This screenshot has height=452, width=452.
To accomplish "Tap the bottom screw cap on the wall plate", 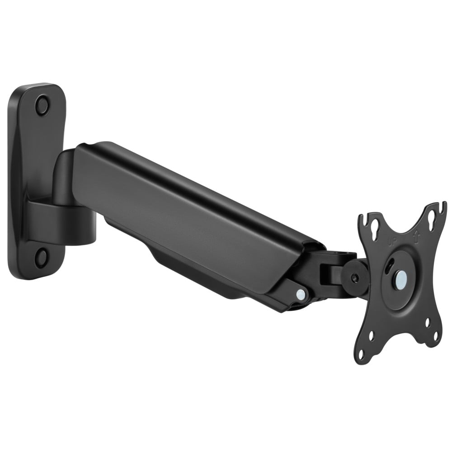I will coord(41,258).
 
